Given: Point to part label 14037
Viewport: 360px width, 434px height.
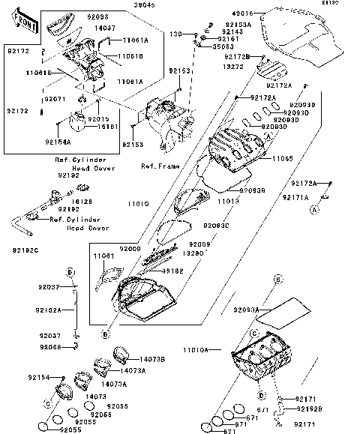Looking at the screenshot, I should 105,28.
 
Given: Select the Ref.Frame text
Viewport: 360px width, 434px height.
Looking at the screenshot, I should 157,166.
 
